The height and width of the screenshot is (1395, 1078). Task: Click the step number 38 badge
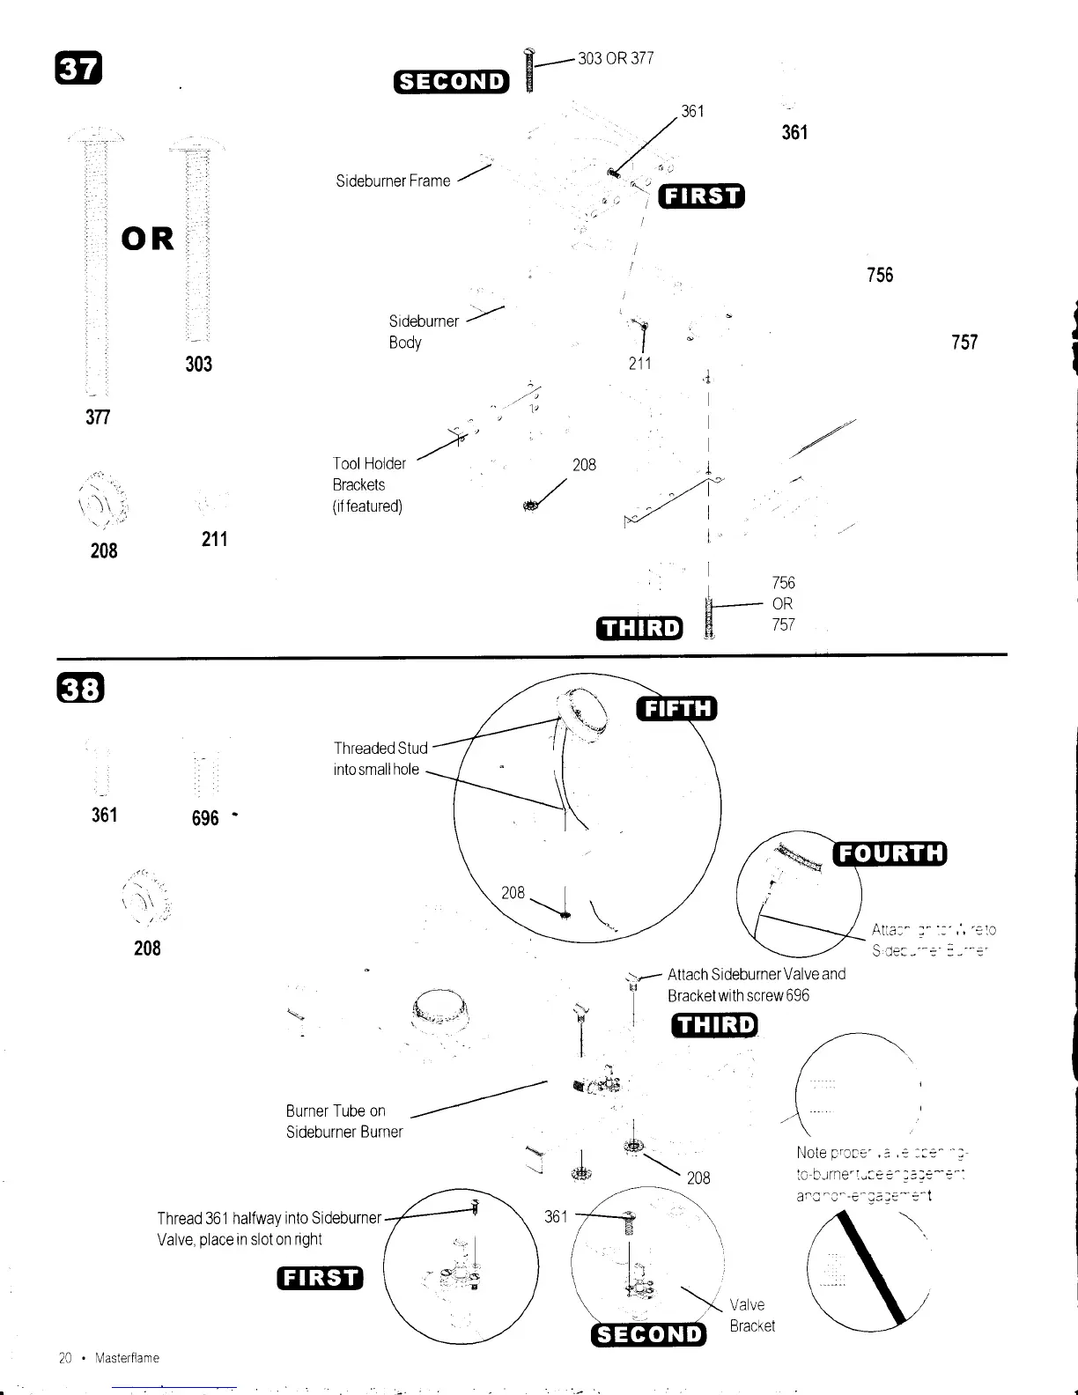point(78,689)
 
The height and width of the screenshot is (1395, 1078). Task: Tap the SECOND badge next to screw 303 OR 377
point(452,82)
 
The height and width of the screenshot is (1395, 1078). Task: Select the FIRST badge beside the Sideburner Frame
point(704,195)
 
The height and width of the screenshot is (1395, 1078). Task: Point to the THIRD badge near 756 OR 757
point(639,627)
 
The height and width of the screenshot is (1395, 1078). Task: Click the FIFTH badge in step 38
point(676,708)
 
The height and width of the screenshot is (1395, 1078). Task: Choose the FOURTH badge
point(890,853)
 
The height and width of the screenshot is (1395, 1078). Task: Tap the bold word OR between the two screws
point(148,239)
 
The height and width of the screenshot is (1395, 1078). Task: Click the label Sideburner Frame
point(393,181)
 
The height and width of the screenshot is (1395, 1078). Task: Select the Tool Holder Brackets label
point(369,484)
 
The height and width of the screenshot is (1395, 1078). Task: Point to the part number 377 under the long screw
point(98,417)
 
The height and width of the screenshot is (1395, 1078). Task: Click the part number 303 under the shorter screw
point(199,365)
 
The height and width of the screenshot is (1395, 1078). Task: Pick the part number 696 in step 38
point(205,818)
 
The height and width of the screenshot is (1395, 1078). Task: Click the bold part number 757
point(964,343)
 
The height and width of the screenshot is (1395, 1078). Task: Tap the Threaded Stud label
point(380,748)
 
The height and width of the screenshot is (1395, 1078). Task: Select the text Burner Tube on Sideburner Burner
point(344,1121)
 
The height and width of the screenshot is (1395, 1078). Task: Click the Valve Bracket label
point(752,1316)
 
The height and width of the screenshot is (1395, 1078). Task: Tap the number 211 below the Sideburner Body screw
point(639,363)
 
